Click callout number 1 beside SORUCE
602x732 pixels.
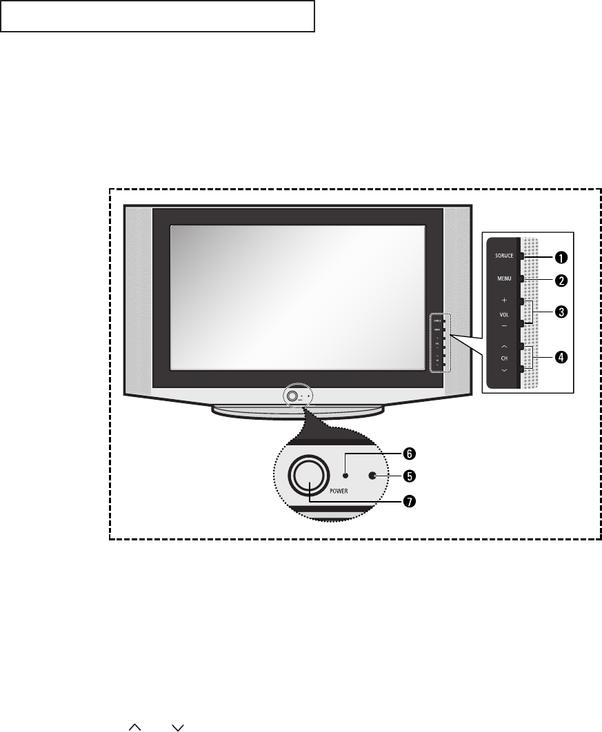[x=562, y=257]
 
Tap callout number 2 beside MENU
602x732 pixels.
[x=562, y=281]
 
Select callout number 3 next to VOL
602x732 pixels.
[x=562, y=312]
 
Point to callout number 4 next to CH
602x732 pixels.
[x=562, y=357]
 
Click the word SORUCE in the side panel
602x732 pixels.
[x=503, y=256]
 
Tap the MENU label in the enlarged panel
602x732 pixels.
[x=503, y=280]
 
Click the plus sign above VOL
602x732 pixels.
[x=503, y=301]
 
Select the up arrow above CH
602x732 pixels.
[x=503, y=346]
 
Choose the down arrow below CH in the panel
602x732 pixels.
[x=503, y=370]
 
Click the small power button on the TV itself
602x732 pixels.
[x=292, y=396]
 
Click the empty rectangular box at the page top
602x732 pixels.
[x=157, y=17]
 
